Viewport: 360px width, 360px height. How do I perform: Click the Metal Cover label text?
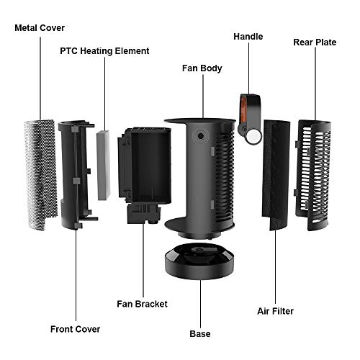(40, 28)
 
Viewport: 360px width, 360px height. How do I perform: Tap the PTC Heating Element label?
(104, 51)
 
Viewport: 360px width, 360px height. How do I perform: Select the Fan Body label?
(202, 68)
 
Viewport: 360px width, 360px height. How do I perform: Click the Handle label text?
(248, 37)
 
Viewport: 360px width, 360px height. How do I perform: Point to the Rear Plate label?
(315, 42)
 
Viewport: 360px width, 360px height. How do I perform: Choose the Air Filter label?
(275, 311)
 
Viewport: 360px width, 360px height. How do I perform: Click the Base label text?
(200, 334)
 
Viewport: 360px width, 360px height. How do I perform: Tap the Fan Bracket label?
(142, 304)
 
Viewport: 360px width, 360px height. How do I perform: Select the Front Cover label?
(75, 329)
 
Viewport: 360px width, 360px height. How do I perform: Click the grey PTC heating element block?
(104, 166)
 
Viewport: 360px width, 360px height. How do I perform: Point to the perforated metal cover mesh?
(40, 175)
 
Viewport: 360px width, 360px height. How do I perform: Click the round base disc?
(199, 262)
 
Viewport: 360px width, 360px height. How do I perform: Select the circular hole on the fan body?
(201, 136)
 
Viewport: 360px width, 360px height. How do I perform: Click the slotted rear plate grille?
(313, 175)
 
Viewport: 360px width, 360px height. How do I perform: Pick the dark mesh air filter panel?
(276, 175)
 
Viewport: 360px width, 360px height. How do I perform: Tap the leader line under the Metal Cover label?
(40, 78)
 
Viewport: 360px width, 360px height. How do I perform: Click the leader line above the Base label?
(201, 304)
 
